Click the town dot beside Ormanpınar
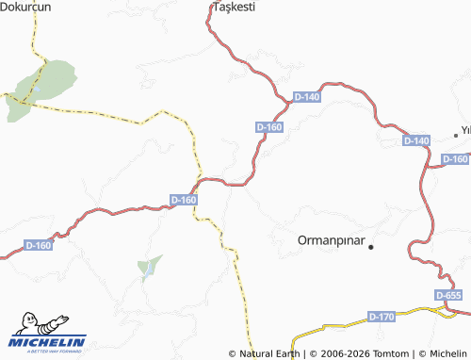coord(371,247)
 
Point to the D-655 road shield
coord(449,296)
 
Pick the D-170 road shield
coord(382,316)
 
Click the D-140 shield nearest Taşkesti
coord(307,97)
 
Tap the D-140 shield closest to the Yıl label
coord(415,140)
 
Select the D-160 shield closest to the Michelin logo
coord(39,245)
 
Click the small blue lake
coord(147,271)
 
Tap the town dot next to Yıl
coord(456,135)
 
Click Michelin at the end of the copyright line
coord(447,353)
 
